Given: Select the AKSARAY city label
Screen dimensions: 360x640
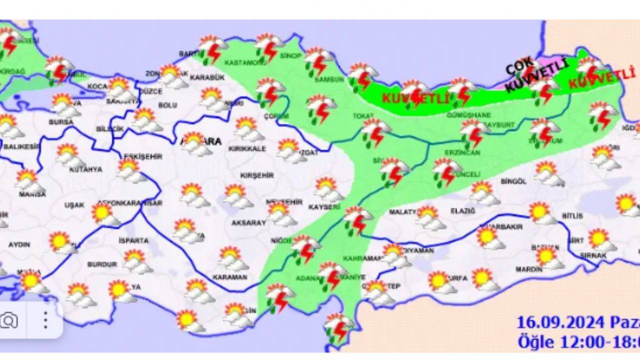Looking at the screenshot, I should (248, 223).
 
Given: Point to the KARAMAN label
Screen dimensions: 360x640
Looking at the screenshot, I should (229, 277).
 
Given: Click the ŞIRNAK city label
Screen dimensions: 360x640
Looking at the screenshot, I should (593, 255).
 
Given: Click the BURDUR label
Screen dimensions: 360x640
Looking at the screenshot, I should (102, 264).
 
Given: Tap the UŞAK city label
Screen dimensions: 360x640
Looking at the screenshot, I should (74, 205).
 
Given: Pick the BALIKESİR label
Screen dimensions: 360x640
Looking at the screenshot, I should (21, 146).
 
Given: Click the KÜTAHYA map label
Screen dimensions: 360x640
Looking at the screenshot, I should (85, 169).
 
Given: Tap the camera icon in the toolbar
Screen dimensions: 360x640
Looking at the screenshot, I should (8, 320).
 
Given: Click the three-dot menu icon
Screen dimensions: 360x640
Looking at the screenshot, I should (45, 320).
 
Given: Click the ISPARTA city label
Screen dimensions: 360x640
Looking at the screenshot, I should (133, 240).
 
